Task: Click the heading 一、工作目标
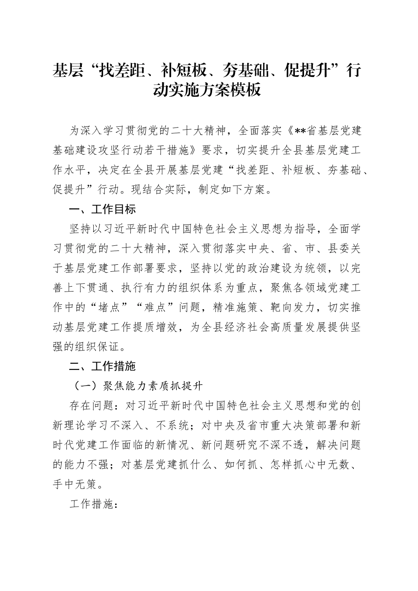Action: click(x=103, y=210)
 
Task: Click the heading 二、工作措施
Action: click(x=103, y=366)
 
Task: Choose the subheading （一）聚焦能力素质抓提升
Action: click(x=138, y=386)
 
